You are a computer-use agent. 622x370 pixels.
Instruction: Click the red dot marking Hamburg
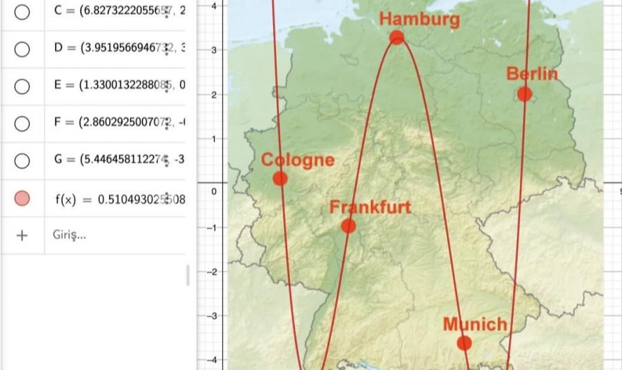(397, 37)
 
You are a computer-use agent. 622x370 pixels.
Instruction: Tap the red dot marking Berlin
(525, 94)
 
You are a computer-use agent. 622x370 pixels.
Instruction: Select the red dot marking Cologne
(280, 178)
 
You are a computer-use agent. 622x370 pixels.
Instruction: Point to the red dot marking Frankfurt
(349, 226)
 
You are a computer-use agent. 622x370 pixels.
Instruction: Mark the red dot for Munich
(464, 343)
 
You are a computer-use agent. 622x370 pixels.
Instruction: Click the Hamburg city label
(419, 19)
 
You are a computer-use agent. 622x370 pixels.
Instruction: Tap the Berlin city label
(533, 74)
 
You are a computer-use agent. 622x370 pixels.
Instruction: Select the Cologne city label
(298, 160)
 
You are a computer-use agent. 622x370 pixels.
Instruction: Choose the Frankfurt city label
(370, 207)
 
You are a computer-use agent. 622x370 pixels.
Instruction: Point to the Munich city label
(475, 325)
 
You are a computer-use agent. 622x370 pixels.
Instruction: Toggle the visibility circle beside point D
(22, 49)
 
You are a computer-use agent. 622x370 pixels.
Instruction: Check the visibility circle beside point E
(22, 86)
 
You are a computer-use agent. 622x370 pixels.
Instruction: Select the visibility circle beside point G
(22, 160)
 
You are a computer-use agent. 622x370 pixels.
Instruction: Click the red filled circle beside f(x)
(22, 198)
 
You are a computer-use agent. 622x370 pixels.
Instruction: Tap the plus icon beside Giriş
(22, 235)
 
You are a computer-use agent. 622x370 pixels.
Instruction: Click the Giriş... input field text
(69, 235)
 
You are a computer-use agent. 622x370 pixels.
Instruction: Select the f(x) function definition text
(119, 198)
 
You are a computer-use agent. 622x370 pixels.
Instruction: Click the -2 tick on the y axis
(212, 272)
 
